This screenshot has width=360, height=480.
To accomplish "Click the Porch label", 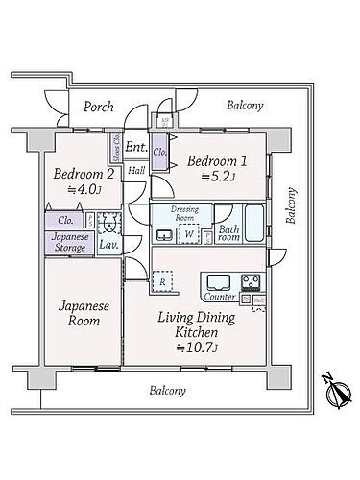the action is click(x=98, y=107).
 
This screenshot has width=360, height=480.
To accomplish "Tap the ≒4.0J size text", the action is click(x=79, y=191).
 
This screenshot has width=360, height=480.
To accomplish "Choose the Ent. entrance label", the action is click(x=135, y=148).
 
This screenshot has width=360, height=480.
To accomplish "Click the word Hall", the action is click(x=136, y=171).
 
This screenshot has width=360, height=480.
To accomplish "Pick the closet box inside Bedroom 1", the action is click(x=159, y=153).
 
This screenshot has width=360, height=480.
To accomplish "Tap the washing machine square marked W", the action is click(x=189, y=232).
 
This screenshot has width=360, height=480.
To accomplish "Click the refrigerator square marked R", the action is click(x=164, y=282).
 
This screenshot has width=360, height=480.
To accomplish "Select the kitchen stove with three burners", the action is click(x=252, y=283).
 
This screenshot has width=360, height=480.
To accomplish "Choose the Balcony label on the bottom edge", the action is click(x=166, y=391).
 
